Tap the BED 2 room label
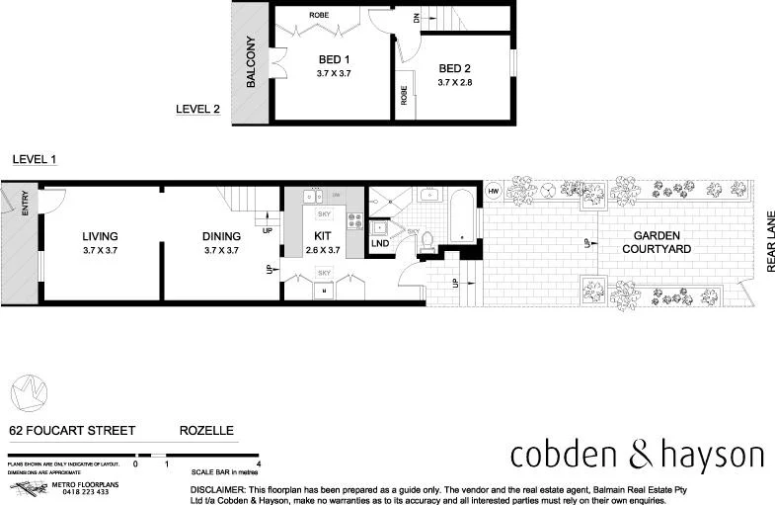click(455, 68)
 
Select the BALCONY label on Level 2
click(251, 64)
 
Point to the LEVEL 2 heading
click(197, 110)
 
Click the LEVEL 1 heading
click(35, 159)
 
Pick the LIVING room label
click(100, 236)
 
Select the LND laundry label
click(380, 243)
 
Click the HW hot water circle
click(494, 191)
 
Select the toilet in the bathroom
click(427, 244)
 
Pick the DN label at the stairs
click(416, 17)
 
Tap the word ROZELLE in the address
click(206, 431)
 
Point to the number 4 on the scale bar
click(258, 463)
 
